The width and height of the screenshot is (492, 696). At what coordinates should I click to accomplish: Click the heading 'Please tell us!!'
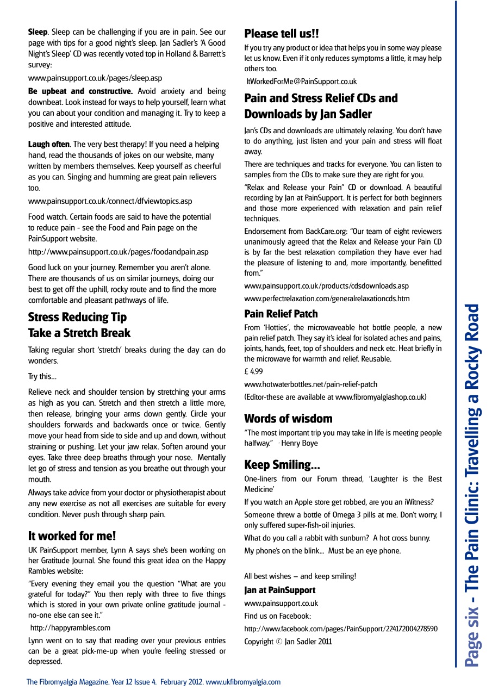[x=281, y=34]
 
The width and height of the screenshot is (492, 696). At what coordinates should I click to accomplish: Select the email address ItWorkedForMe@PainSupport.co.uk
[x=302, y=82]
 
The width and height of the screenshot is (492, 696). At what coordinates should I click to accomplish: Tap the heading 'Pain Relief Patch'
[x=281, y=314]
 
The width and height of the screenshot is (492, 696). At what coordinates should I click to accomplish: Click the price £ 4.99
[x=254, y=371]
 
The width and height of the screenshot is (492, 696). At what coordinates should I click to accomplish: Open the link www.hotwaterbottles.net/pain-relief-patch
[x=310, y=384]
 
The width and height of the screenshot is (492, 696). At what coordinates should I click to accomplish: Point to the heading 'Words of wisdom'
[x=288, y=419]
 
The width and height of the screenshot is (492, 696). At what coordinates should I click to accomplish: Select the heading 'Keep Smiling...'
[x=282, y=465]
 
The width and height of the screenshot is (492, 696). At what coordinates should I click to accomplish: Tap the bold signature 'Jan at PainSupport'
[x=279, y=590]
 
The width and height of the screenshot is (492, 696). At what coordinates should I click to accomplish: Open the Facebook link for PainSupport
[x=341, y=629]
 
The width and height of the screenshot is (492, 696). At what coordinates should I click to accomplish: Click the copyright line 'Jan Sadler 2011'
[x=288, y=642]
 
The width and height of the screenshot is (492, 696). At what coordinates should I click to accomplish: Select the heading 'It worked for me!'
[x=72, y=536]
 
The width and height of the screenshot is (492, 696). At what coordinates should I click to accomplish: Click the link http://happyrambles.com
[x=70, y=627]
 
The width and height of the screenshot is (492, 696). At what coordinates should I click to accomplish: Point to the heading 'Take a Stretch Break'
[x=79, y=333]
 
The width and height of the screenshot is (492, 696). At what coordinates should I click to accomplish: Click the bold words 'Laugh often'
[x=49, y=144]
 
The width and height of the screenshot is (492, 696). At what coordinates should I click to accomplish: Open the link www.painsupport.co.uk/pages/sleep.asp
[x=95, y=78]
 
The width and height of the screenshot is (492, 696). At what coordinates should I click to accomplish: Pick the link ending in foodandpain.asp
[x=118, y=252]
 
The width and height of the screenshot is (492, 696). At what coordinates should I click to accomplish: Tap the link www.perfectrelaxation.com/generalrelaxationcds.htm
[x=327, y=299]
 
